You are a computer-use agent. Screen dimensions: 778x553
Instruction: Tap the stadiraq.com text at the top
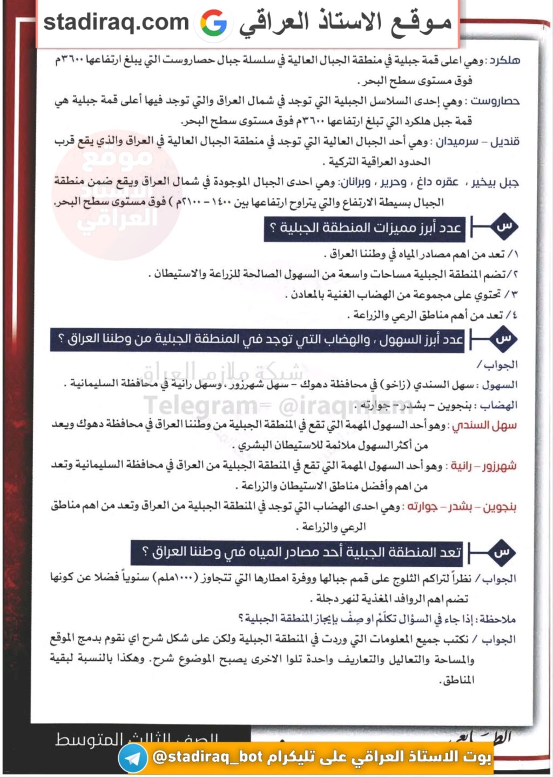click(116, 22)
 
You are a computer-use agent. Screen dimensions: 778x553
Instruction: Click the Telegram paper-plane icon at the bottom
click(132, 757)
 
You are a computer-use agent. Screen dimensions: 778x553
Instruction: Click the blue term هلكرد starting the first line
click(504, 60)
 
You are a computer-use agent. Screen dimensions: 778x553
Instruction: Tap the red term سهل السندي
click(484, 425)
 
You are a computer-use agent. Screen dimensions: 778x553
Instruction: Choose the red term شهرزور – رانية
click(483, 466)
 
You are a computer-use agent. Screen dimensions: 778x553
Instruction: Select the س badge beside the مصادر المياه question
click(502, 552)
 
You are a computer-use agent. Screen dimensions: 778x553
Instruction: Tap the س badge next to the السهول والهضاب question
click(503, 339)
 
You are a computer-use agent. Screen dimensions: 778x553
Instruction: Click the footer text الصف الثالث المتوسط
click(137, 739)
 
